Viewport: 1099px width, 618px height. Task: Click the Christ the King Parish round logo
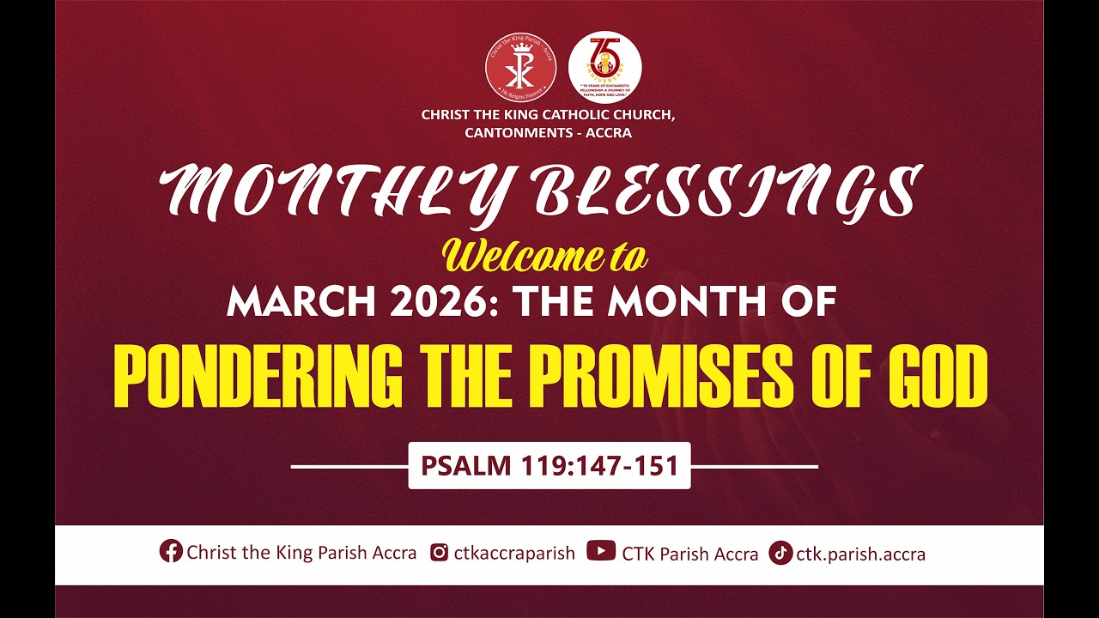[x=520, y=67]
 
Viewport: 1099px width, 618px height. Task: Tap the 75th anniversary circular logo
[x=604, y=67]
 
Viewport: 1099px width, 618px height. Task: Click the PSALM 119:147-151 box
[x=549, y=466]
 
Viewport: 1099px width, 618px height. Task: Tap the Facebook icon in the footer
[x=171, y=552]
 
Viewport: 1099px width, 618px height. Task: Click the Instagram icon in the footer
[x=439, y=553]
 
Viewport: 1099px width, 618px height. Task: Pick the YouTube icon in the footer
[x=600, y=552]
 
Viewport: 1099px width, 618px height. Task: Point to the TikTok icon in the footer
[x=780, y=553]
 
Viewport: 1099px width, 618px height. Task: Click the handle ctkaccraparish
[x=514, y=553]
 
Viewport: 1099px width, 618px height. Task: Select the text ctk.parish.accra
[x=860, y=554]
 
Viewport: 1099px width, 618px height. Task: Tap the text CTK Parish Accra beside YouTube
[x=689, y=554]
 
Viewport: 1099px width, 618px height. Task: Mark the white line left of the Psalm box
[x=349, y=467]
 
